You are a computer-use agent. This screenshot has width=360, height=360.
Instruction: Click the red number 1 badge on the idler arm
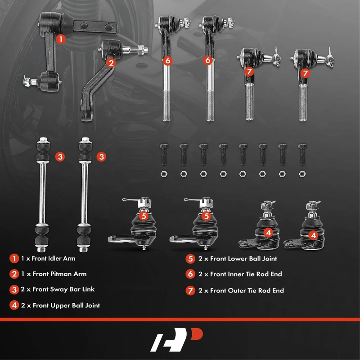pyautogui.click(x=61, y=39)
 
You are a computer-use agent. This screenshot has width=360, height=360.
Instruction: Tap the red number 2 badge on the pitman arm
pyautogui.click(x=111, y=63)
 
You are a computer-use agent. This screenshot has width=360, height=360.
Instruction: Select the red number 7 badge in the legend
pyautogui.click(x=190, y=291)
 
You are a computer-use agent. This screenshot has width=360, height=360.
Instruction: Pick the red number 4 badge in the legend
pyautogui.click(x=14, y=306)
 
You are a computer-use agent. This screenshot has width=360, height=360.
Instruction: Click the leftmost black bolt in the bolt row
pyautogui.click(x=163, y=154)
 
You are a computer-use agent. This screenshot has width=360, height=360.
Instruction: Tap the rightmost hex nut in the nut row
pyautogui.click(x=302, y=174)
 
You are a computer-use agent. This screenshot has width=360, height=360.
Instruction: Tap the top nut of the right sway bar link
pyautogui.click(x=85, y=139)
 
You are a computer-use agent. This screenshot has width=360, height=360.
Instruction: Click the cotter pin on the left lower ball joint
pyautogui.click(x=130, y=200)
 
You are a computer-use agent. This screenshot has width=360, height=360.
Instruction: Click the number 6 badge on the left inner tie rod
pyautogui.click(x=167, y=61)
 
